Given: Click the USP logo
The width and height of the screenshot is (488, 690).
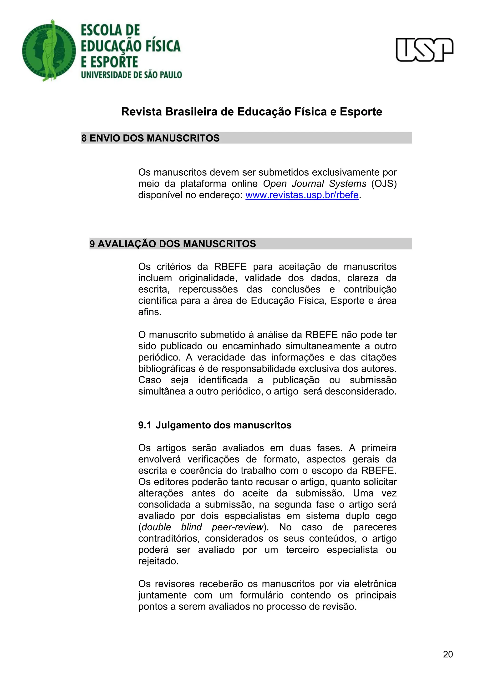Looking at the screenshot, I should click(x=424, y=50).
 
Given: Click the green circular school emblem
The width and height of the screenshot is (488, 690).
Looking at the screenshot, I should click(x=49, y=51).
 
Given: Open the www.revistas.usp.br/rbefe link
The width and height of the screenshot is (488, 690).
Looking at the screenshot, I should click(x=302, y=195).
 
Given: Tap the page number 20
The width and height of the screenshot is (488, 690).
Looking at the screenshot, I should click(x=448, y=654).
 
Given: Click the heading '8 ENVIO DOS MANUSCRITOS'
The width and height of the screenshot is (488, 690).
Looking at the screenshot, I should click(x=151, y=138).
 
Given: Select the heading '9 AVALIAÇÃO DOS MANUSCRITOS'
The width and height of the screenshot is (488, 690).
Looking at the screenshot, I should click(x=173, y=244).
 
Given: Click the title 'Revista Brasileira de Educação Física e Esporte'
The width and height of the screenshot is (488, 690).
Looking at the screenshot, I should click(x=252, y=112).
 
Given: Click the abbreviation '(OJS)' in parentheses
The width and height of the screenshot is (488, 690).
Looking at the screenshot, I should click(x=384, y=184).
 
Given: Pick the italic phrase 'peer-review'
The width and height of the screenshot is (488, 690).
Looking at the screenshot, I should click(x=237, y=527).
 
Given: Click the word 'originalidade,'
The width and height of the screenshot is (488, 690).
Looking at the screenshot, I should click(x=208, y=278).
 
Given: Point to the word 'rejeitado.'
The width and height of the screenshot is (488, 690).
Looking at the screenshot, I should click(x=158, y=561).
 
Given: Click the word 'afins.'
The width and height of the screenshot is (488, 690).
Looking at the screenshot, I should click(x=150, y=312).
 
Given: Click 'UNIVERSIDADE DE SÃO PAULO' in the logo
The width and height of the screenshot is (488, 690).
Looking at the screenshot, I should click(x=131, y=75).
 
